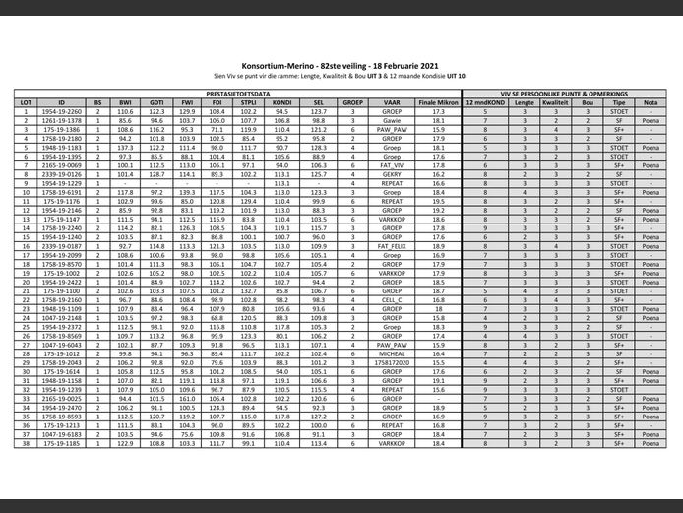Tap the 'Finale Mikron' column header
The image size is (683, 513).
439,102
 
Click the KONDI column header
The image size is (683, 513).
281,102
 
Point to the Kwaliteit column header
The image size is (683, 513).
555,102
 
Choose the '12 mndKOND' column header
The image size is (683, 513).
485,102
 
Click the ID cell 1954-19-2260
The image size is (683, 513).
61,112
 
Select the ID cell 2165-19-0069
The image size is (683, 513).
61,164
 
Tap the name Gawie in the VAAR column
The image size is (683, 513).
392,121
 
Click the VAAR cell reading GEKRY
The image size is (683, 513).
392,173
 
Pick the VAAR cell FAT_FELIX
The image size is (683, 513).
392,246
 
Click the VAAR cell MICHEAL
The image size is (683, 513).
392,353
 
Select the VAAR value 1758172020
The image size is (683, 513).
392,362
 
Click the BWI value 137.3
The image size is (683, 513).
125,148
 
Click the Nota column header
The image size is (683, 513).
651,102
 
